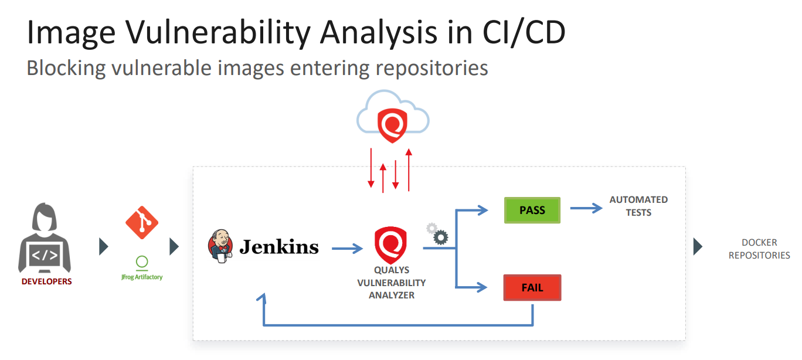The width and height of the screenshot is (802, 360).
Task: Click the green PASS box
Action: click(x=532, y=210)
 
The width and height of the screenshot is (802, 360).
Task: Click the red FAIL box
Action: click(x=532, y=288)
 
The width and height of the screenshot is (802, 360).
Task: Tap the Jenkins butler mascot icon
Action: click(x=220, y=246)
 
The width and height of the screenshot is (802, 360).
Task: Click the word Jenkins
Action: click(x=278, y=247)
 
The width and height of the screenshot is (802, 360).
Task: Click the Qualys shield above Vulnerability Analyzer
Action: click(x=390, y=246)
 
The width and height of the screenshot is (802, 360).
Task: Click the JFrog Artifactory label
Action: click(x=141, y=276)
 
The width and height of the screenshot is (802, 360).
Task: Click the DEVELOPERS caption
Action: click(x=46, y=281)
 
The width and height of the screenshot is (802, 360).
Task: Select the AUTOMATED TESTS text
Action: click(x=638, y=206)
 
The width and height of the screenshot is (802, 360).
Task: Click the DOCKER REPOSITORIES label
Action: click(x=759, y=249)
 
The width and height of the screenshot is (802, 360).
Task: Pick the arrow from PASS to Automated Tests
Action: click(x=586, y=208)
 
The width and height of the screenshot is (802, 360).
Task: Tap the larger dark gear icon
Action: click(x=440, y=237)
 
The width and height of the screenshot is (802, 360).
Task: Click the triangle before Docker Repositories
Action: click(x=698, y=246)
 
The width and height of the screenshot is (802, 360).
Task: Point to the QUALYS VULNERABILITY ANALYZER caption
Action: click(x=392, y=283)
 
